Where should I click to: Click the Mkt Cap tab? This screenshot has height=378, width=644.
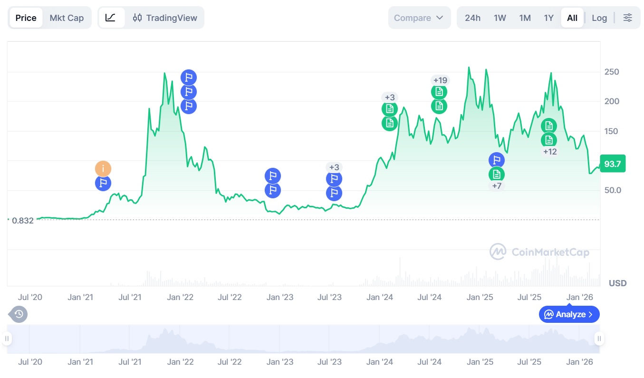pyautogui.click(x=67, y=18)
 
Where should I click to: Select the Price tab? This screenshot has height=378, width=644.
pyautogui.click(x=26, y=18)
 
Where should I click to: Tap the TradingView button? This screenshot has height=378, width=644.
pyautogui.click(x=165, y=18)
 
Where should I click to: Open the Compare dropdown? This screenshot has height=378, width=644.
pyautogui.click(x=419, y=18)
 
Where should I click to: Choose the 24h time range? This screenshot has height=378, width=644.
pyautogui.click(x=472, y=18)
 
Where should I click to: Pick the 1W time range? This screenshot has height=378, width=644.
pyautogui.click(x=500, y=18)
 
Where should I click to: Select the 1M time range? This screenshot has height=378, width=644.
pyautogui.click(x=525, y=18)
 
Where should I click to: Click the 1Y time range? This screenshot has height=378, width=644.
pyautogui.click(x=548, y=18)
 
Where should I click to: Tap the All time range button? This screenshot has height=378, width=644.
pyautogui.click(x=572, y=18)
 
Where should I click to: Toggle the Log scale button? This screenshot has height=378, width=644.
pyautogui.click(x=599, y=18)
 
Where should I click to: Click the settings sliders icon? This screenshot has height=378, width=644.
pyautogui.click(x=628, y=18)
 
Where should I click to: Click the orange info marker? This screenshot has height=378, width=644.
pyautogui.click(x=103, y=168)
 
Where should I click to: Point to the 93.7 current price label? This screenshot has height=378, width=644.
pyautogui.click(x=613, y=164)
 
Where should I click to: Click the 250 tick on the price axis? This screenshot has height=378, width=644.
pyautogui.click(x=611, y=72)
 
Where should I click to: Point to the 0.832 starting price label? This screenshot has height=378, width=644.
pyautogui.click(x=23, y=221)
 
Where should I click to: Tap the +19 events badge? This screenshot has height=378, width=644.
pyautogui.click(x=439, y=80)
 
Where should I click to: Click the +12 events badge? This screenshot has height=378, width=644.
pyautogui.click(x=549, y=152)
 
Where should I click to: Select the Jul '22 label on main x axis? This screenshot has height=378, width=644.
pyautogui.click(x=230, y=298)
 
